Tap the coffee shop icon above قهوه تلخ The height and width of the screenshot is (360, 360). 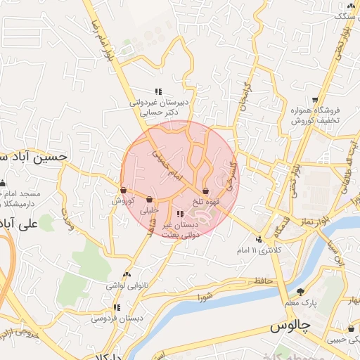[x=205, y=191]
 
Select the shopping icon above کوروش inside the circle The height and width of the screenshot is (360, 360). [x=123, y=190]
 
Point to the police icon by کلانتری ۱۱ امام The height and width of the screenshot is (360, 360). [x=259, y=239]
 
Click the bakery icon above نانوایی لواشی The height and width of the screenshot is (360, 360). [x=127, y=275]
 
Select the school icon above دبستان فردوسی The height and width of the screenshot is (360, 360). [x=117, y=307]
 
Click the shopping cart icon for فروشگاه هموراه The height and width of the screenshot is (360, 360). [x=314, y=100]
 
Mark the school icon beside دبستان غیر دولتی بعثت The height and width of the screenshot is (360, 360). [x=180, y=214]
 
